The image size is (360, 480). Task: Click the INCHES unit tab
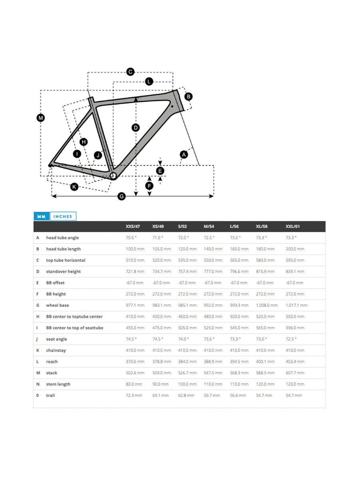(x=63, y=216)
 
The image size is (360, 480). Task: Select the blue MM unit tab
(x=41, y=216)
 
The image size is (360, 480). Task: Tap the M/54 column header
(x=209, y=226)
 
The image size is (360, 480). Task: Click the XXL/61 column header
(x=293, y=226)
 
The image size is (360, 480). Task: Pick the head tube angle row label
(x=62, y=238)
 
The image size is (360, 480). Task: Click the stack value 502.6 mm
(x=135, y=373)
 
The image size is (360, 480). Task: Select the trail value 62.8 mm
(x=186, y=395)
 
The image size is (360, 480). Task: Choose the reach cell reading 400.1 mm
(x=265, y=362)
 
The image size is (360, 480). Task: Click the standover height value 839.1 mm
(x=295, y=272)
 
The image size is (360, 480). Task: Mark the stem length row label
(x=58, y=384)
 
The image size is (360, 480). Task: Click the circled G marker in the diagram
(x=122, y=196)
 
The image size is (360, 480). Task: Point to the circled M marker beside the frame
(x=41, y=118)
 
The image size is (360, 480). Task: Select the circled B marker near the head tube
(x=188, y=96)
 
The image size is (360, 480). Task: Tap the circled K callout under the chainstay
(x=74, y=186)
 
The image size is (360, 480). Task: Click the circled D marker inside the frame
(x=136, y=128)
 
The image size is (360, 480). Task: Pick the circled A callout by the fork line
(x=184, y=154)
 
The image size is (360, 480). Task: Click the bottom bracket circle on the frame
(x=113, y=175)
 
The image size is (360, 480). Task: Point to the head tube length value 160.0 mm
(x=239, y=249)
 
